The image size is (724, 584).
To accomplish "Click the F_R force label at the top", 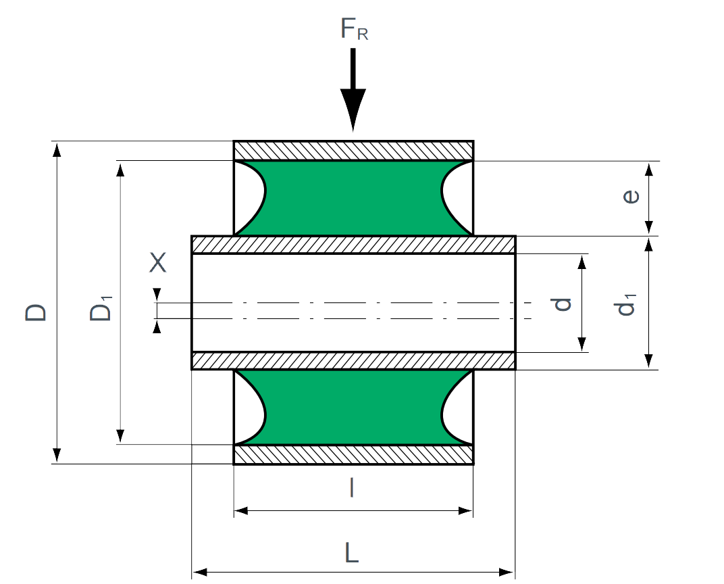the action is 354,29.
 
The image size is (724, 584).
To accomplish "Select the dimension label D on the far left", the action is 36,312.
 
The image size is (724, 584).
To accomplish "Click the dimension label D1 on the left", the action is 101,308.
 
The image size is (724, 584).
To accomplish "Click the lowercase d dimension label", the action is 562,304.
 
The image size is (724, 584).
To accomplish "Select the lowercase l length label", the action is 352,487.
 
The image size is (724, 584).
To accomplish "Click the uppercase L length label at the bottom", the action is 352,553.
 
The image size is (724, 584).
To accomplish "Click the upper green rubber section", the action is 353,198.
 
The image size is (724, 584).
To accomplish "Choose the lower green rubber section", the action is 353,407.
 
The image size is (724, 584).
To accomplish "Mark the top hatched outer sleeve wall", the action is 353,151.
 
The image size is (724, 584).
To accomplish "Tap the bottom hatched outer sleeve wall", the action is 353,455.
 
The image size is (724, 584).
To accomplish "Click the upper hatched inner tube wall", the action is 353,245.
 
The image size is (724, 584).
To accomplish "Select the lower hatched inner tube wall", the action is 353,361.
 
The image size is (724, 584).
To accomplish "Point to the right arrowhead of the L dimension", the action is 507,573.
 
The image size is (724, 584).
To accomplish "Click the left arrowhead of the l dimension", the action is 242,510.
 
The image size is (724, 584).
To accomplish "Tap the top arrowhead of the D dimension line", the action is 56,149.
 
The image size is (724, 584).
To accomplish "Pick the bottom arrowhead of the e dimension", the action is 649,227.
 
